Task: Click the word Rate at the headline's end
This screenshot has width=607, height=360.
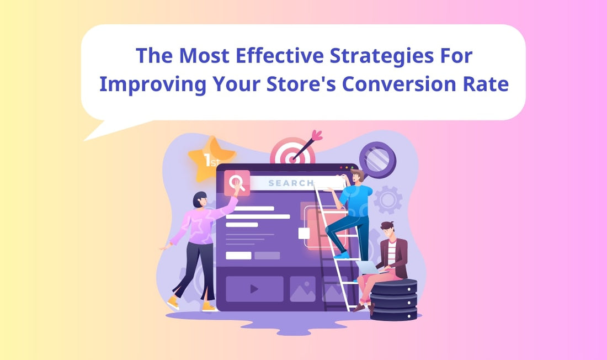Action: point(486,85)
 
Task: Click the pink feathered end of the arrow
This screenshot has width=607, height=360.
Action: point(316,135)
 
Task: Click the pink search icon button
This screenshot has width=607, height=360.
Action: point(236,182)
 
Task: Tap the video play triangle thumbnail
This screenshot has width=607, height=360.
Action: point(254,289)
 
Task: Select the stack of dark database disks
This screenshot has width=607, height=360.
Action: point(393,300)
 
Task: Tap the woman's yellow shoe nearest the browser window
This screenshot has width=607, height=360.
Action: point(209,305)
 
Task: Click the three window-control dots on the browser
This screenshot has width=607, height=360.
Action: point(347,167)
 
